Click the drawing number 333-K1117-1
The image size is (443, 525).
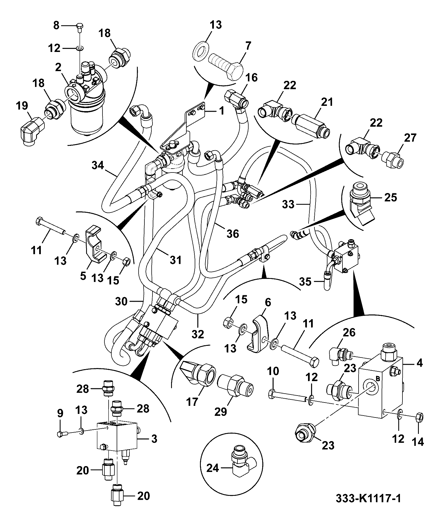tap(369, 506)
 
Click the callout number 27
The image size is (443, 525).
tap(411, 138)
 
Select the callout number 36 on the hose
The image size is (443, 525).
tap(232, 234)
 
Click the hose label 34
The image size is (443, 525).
tap(98, 166)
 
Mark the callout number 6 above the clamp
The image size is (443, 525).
tap(268, 302)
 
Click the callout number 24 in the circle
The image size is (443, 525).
tap(213, 469)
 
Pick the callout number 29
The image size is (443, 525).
tap(221, 412)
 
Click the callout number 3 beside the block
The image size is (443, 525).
tap(154, 439)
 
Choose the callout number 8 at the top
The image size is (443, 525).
tap(56, 26)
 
